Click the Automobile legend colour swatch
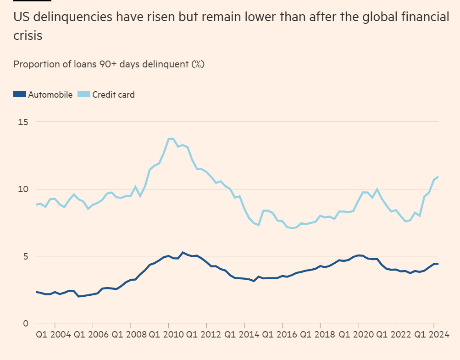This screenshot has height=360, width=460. [19, 94]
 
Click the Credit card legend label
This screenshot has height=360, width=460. [113, 95]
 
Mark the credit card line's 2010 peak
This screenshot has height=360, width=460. [171, 138]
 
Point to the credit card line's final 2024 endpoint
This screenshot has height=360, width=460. [438, 177]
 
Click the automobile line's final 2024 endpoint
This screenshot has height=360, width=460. [438, 263]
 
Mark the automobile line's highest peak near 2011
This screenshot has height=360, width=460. [183, 252]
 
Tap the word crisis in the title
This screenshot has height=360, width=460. [28, 35]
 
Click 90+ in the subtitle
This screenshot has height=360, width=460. [108, 64]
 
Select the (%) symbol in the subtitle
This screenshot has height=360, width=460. [197, 64]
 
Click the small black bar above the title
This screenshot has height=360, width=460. [26, 1]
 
